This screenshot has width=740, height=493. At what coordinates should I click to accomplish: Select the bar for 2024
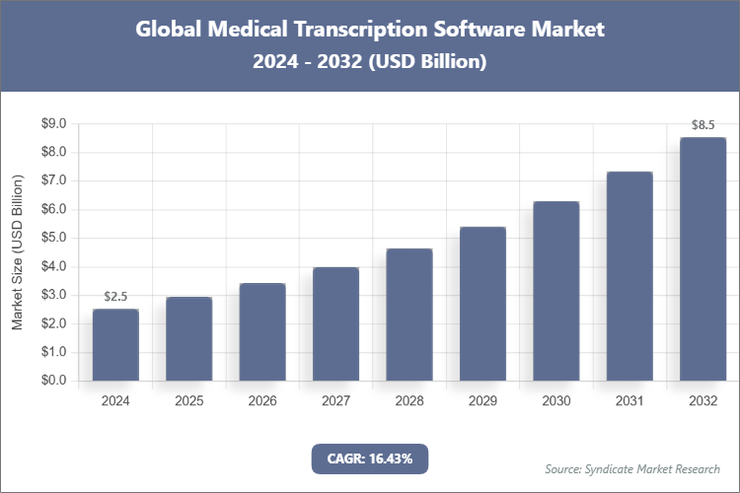tap(115, 344)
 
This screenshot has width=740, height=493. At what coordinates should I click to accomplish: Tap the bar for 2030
tap(555, 291)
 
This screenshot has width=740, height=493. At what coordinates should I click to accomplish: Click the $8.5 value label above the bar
tap(703, 125)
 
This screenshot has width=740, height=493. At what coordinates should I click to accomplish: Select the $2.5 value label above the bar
tap(115, 297)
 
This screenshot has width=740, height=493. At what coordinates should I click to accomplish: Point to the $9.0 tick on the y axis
tap(52, 123)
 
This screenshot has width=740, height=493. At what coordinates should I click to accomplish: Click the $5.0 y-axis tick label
tap(52, 238)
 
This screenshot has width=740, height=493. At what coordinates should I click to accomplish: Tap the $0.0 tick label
tap(52, 381)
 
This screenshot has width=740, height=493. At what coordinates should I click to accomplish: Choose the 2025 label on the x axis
tap(189, 402)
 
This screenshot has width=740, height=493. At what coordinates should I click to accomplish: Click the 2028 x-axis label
tap(409, 402)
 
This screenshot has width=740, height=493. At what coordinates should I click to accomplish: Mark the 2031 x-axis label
tap(629, 402)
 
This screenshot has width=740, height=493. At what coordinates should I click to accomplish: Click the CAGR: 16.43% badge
tap(369, 458)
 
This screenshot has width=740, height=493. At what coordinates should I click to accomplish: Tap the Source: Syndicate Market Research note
tap(632, 468)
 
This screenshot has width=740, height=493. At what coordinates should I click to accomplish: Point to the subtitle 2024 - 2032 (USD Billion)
tap(370, 61)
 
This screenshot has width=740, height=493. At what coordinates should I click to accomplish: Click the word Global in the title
tap(170, 29)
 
